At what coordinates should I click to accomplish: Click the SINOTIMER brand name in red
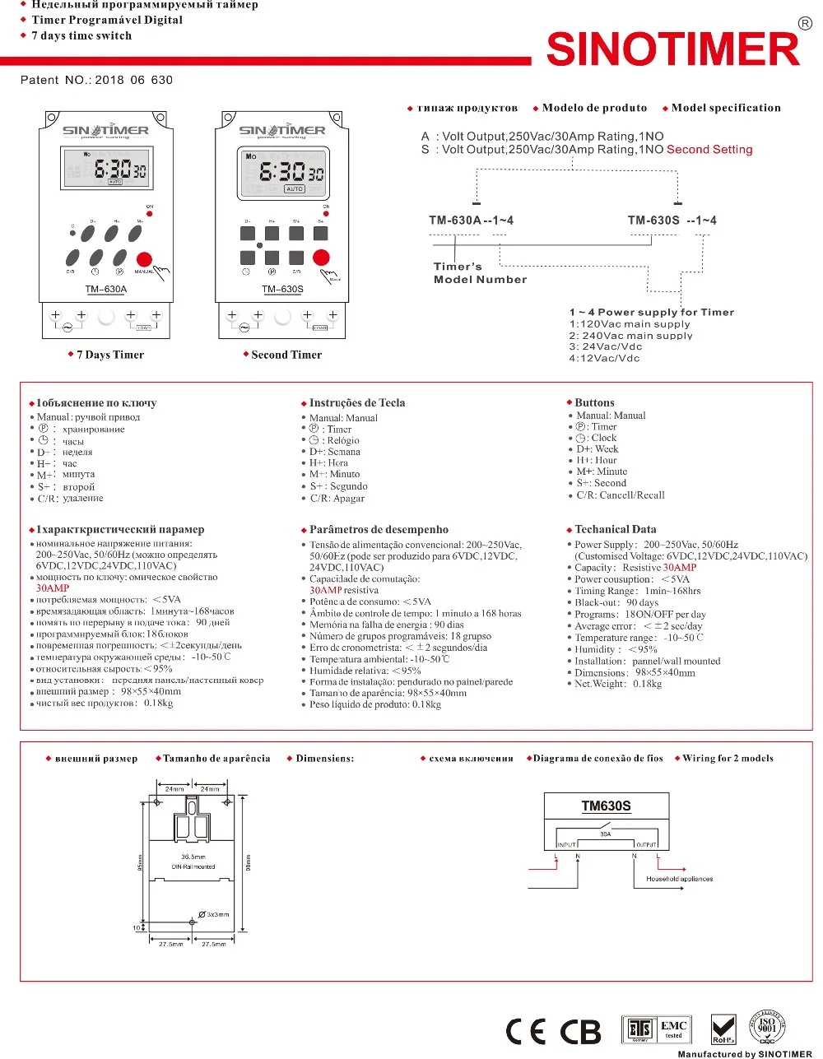pos(672,49)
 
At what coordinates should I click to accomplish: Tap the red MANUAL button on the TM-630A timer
pos(144,259)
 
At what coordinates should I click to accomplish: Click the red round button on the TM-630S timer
pos(321,257)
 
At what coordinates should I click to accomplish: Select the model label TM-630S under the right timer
pos(282,289)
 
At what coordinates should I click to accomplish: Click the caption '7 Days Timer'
pos(109,355)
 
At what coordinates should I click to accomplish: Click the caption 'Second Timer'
pos(286,355)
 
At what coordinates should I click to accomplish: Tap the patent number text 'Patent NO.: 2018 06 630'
pos(96,80)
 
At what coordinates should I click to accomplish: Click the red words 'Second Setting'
pos(709,150)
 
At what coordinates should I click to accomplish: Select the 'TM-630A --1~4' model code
pos(471,221)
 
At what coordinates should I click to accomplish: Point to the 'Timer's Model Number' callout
pos(480,273)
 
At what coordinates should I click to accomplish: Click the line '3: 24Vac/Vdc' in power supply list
pos(605,346)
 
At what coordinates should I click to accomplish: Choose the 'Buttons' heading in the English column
pos(594,402)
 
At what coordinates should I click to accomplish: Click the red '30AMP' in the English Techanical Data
pos(680,567)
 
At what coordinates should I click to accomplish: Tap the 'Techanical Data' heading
pos(615,529)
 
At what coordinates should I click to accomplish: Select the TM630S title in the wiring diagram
pos(606,806)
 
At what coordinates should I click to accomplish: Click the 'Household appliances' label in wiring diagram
pos(679,879)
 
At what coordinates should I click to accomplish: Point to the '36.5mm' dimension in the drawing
pos(193,857)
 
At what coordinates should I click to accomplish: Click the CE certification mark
pos(526,1031)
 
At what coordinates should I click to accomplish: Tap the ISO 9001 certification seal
pos(766,1026)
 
